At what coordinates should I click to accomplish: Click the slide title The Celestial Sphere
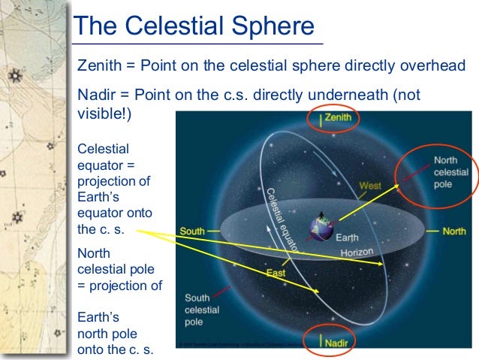pyautogui.click(x=194, y=27)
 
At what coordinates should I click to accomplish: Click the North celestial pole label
pyautogui.click(x=451, y=172)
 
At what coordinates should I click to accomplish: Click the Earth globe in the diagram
pyautogui.click(x=323, y=229)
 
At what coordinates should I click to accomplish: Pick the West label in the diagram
pyautogui.click(x=369, y=185)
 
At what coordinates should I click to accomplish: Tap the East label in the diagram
pyautogui.click(x=276, y=274)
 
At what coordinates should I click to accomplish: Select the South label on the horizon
pyautogui.click(x=192, y=231)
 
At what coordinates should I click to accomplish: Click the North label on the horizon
pyautogui.click(x=453, y=231)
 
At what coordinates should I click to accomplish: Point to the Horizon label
pyautogui.click(x=357, y=253)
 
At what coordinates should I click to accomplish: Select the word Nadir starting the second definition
pyautogui.click(x=95, y=95)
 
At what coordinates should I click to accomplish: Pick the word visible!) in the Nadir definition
pyautogui.click(x=104, y=114)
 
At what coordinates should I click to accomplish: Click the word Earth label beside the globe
pyautogui.click(x=347, y=238)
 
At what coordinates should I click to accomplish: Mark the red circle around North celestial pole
pyautogui.click(x=436, y=173)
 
